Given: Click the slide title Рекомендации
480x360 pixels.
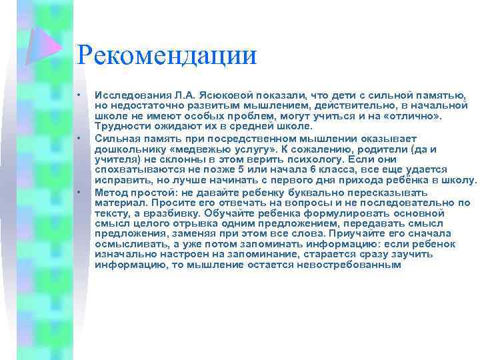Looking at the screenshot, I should point(167,55).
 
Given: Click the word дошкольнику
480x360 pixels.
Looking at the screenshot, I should point(128,149).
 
